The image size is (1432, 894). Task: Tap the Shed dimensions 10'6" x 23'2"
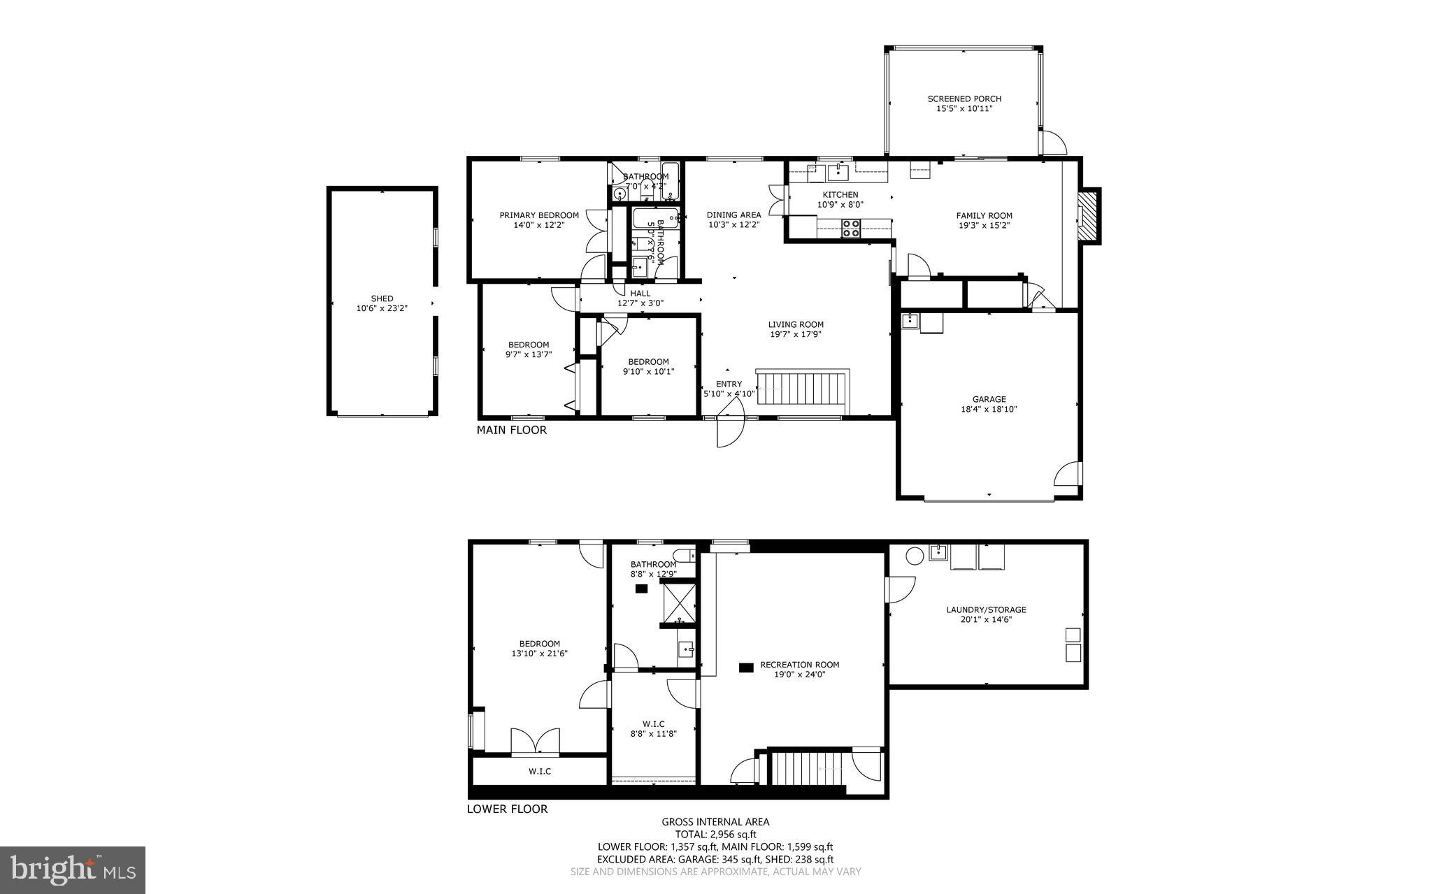click(382, 308)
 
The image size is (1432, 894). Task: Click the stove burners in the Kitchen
click(851, 228)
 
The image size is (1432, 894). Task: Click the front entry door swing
click(729, 431)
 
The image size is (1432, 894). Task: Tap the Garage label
click(989, 399)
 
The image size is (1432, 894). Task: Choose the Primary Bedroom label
click(538, 215)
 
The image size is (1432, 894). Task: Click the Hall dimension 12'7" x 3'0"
click(640, 303)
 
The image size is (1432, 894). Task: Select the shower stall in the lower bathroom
click(680, 602)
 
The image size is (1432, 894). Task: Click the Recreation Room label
click(799, 665)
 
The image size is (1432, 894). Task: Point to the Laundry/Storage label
click(986, 610)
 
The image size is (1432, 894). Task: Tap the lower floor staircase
click(808, 769)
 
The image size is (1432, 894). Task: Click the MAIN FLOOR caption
click(511, 430)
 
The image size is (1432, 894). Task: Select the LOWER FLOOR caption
click(507, 809)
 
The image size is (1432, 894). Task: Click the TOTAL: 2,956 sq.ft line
click(715, 834)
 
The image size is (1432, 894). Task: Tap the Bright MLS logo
click(73, 870)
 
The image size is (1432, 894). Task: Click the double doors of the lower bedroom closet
click(535, 742)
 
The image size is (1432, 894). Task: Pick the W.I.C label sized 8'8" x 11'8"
click(653, 724)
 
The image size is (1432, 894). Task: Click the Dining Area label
click(733, 215)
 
